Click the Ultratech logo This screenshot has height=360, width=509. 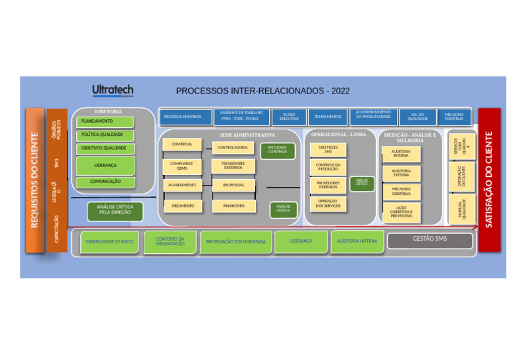coord(113,90)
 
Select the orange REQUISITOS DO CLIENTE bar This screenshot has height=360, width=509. coord(35,180)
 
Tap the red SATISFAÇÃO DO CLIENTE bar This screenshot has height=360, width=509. coord(489,179)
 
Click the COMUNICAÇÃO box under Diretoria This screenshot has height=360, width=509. coord(107,181)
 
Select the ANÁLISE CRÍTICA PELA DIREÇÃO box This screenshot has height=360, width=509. coord(115,210)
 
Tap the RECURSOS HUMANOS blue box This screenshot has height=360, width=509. coord(182,117)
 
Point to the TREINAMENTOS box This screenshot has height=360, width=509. coord(327,117)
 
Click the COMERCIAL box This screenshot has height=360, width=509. coord(182,144)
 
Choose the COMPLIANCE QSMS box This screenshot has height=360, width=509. coord(182,166)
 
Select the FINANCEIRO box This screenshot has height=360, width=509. coord(233,206)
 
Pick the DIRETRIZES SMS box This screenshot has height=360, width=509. coord(327,149)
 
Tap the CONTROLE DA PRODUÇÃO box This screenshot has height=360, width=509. coord(327,166)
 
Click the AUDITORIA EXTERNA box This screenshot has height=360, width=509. coord(401,173)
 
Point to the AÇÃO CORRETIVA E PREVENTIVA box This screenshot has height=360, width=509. coord(401,211)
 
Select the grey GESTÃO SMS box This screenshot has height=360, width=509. coord(429,239)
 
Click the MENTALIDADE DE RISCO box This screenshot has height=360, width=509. coord(109,242)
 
